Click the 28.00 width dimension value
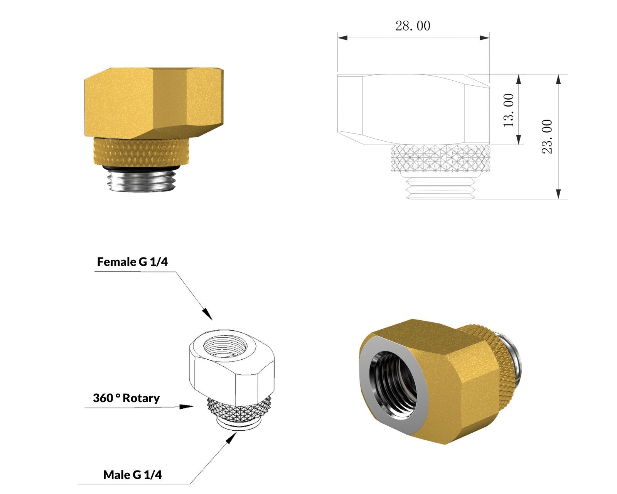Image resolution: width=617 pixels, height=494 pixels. pos(413,26)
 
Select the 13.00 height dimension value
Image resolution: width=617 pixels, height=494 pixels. pos(509,110)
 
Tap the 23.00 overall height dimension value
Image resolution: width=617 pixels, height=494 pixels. pos(547,137)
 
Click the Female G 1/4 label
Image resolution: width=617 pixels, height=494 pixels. pos(132,262)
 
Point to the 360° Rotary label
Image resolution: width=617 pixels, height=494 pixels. pos(126,398)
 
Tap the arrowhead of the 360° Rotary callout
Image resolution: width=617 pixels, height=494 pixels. pos(187,407)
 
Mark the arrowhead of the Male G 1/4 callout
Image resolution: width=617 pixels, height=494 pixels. pos(232,437)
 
